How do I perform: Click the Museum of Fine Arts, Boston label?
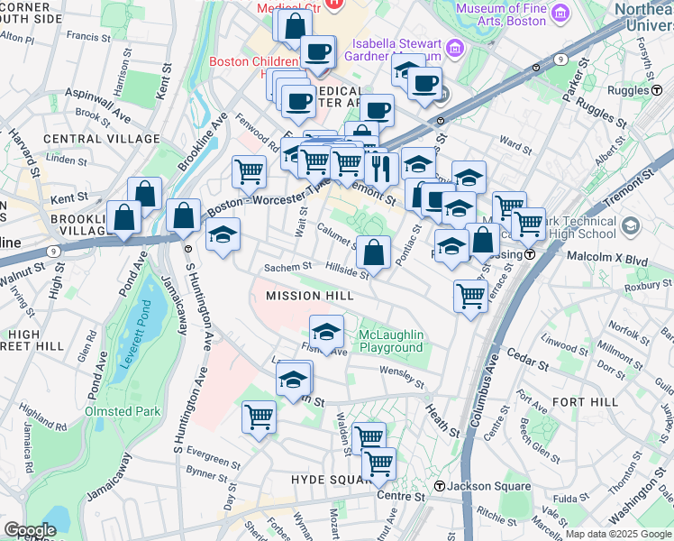click(505, 15)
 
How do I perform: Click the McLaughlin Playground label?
click(391, 342)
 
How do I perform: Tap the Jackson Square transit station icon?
click(439, 487)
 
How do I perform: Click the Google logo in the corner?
click(30, 530)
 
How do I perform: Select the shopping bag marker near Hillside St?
click(373, 252)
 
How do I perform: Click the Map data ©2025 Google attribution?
click(617, 534)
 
